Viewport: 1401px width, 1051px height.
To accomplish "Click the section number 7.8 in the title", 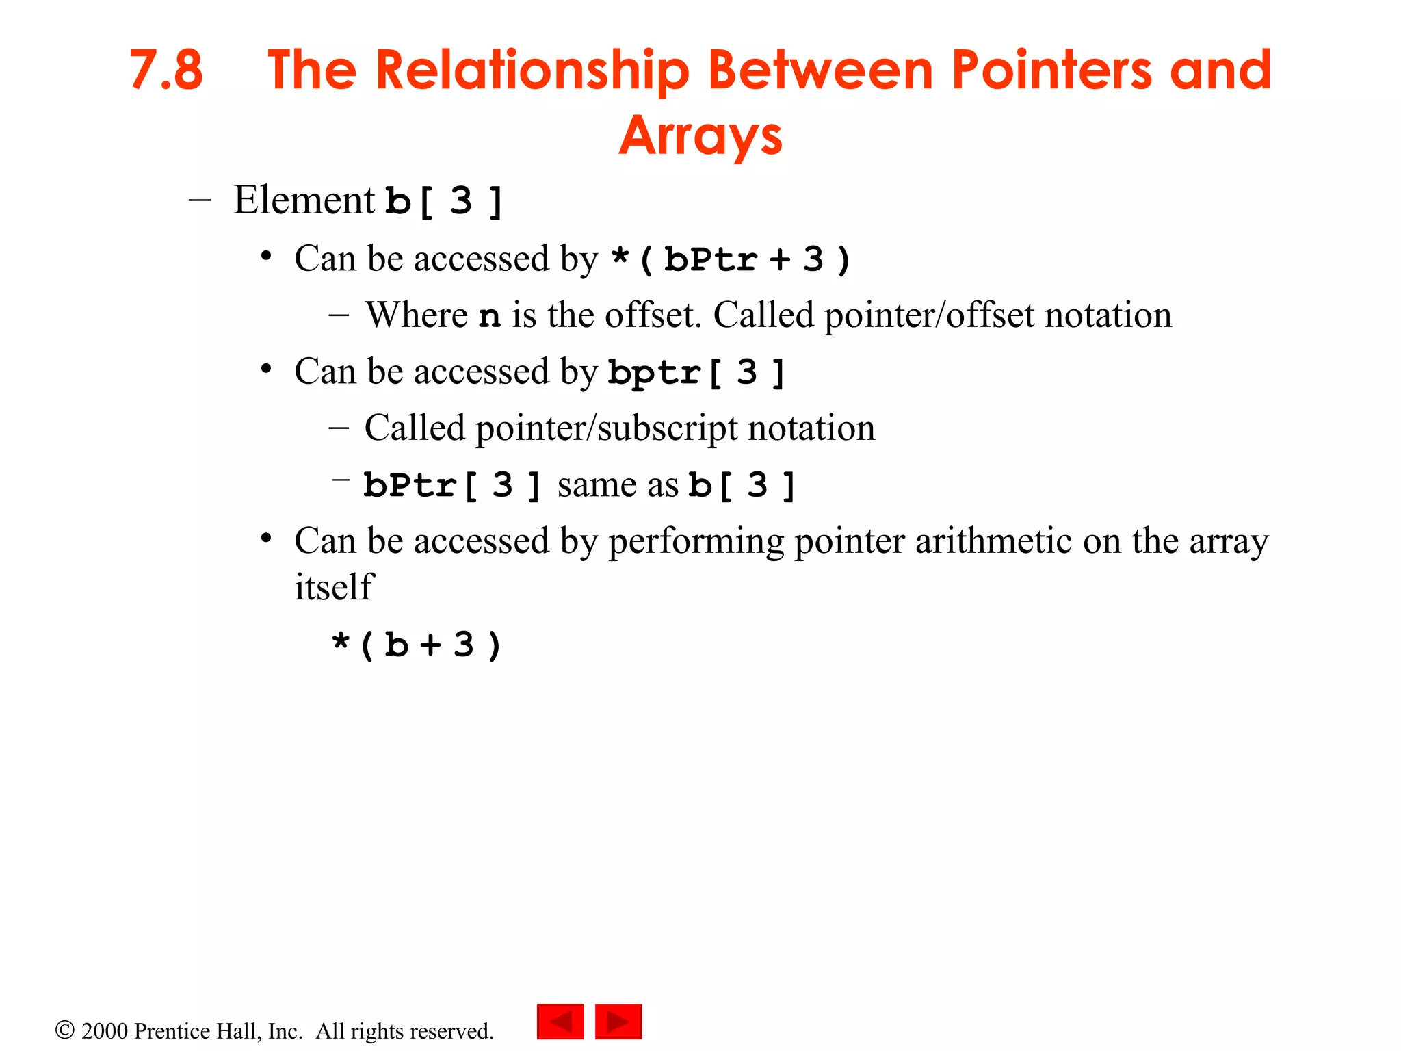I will click(166, 70).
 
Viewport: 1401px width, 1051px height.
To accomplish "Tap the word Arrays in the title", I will click(700, 136).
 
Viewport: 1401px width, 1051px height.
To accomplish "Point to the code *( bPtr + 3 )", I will click(730, 260).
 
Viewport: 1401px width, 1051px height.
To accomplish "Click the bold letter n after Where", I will click(489, 316).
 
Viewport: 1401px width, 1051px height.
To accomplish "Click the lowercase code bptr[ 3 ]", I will click(696, 373).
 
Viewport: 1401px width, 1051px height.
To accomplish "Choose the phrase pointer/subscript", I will click(606, 429).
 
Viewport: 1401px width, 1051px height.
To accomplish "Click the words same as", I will click(617, 486).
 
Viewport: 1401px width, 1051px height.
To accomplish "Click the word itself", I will click(334, 587).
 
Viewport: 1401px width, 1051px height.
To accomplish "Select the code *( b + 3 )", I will click(417, 645).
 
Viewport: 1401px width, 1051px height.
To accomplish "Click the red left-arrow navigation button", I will click(560, 1022).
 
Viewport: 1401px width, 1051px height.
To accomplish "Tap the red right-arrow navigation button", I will click(618, 1022).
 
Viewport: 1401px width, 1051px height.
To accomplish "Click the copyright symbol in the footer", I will click(64, 1030).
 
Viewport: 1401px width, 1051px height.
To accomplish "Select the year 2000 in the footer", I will click(104, 1031).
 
